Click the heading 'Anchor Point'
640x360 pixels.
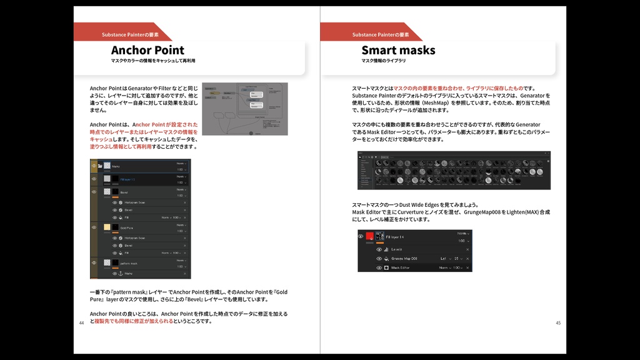click(147, 50)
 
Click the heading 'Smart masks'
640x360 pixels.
click(398, 50)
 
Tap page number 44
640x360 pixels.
click(81, 323)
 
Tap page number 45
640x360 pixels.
click(558, 323)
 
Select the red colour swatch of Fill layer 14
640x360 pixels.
click(369, 237)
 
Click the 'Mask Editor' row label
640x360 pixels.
click(404, 267)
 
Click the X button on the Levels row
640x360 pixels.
click(467, 249)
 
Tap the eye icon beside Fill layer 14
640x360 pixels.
click(361, 237)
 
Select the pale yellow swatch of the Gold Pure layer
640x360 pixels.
click(107, 227)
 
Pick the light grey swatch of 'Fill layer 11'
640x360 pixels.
click(107, 179)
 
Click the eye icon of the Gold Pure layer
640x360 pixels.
click(94, 227)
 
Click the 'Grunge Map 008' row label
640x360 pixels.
click(404, 258)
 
